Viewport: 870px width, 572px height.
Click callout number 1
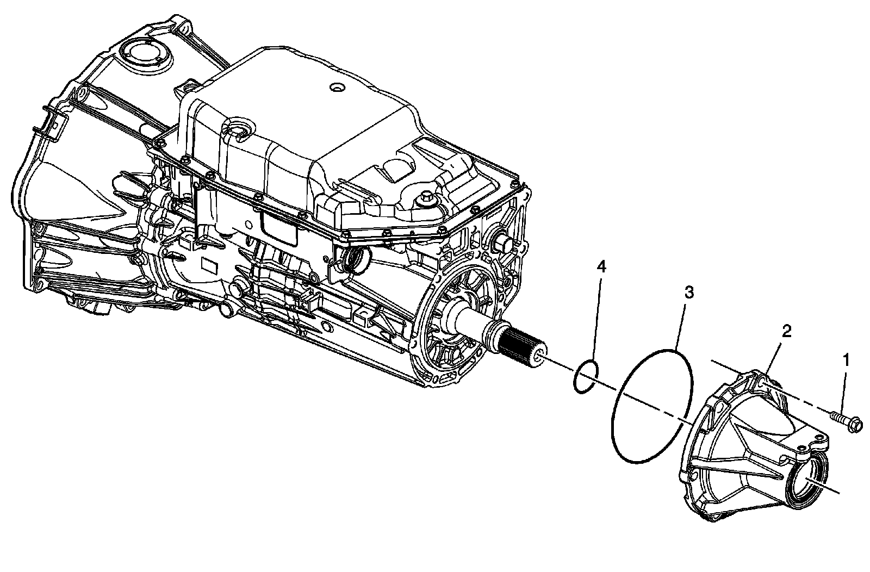click(846, 359)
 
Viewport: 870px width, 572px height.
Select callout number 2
click(786, 331)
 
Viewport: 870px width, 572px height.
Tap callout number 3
click(688, 294)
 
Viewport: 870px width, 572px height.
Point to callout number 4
click(600, 266)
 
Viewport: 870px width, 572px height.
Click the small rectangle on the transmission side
click(209, 264)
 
